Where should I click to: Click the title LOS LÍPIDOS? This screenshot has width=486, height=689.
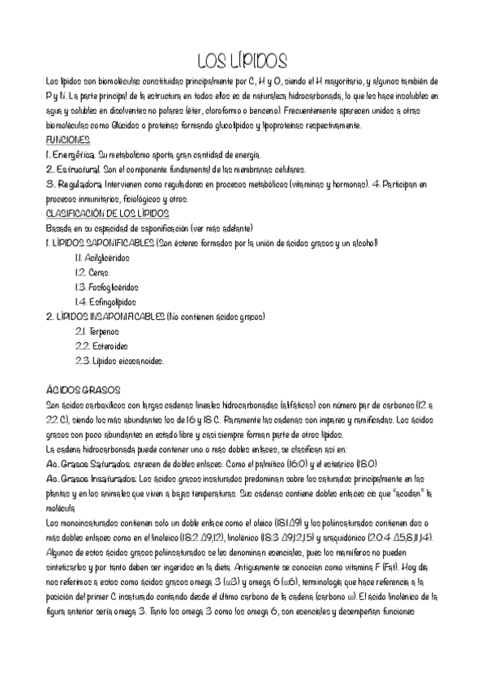[x=243, y=62]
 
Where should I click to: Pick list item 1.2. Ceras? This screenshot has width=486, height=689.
[x=92, y=272]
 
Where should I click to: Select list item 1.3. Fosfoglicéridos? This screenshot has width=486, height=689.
[x=106, y=287]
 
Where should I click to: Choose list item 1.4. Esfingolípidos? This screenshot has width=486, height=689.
[x=105, y=301]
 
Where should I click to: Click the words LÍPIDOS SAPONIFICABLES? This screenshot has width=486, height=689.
[x=102, y=243]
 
